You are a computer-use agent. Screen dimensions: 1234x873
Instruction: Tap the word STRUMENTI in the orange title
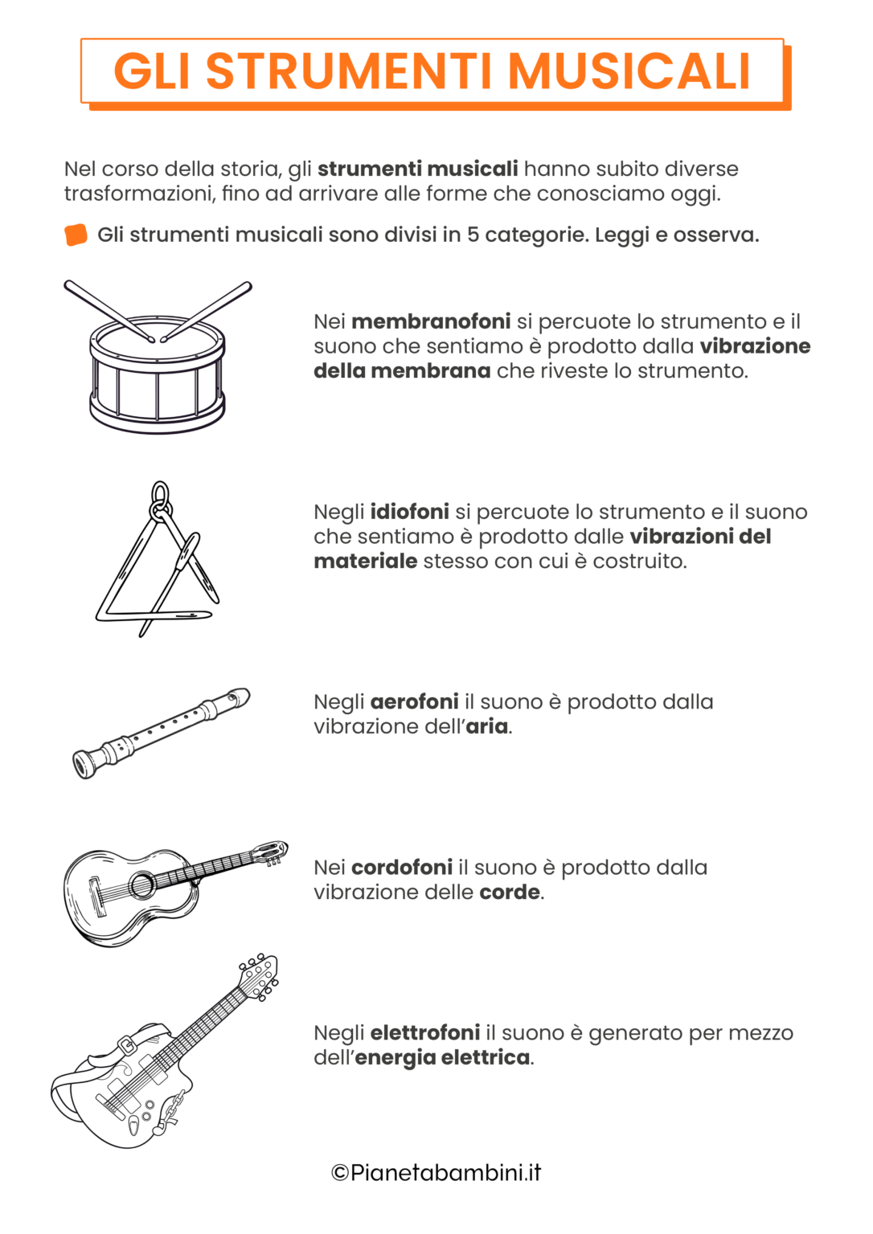(349, 72)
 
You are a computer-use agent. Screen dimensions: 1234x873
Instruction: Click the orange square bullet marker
(76, 235)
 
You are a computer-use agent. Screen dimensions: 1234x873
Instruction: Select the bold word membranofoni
(431, 321)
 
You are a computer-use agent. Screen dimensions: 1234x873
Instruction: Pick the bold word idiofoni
(409, 512)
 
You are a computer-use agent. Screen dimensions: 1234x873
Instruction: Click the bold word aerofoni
(414, 701)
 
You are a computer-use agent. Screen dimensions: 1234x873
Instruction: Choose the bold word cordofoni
(402, 868)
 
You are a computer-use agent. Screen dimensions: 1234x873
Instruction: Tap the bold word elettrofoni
(424, 1032)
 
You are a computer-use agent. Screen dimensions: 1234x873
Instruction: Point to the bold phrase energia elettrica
(442, 1057)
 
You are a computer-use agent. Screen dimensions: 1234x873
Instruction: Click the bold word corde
(510, 893)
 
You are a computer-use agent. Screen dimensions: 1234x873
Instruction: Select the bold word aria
(487, 726)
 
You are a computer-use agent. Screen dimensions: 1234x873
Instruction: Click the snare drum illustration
(157, 374)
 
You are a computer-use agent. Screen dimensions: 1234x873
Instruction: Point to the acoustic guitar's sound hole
(142, 885)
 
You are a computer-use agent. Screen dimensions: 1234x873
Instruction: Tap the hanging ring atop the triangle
(161, 495)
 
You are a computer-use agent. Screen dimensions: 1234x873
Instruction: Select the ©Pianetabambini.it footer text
(436, 1173)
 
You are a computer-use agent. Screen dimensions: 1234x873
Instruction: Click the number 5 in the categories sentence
(473, 235)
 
